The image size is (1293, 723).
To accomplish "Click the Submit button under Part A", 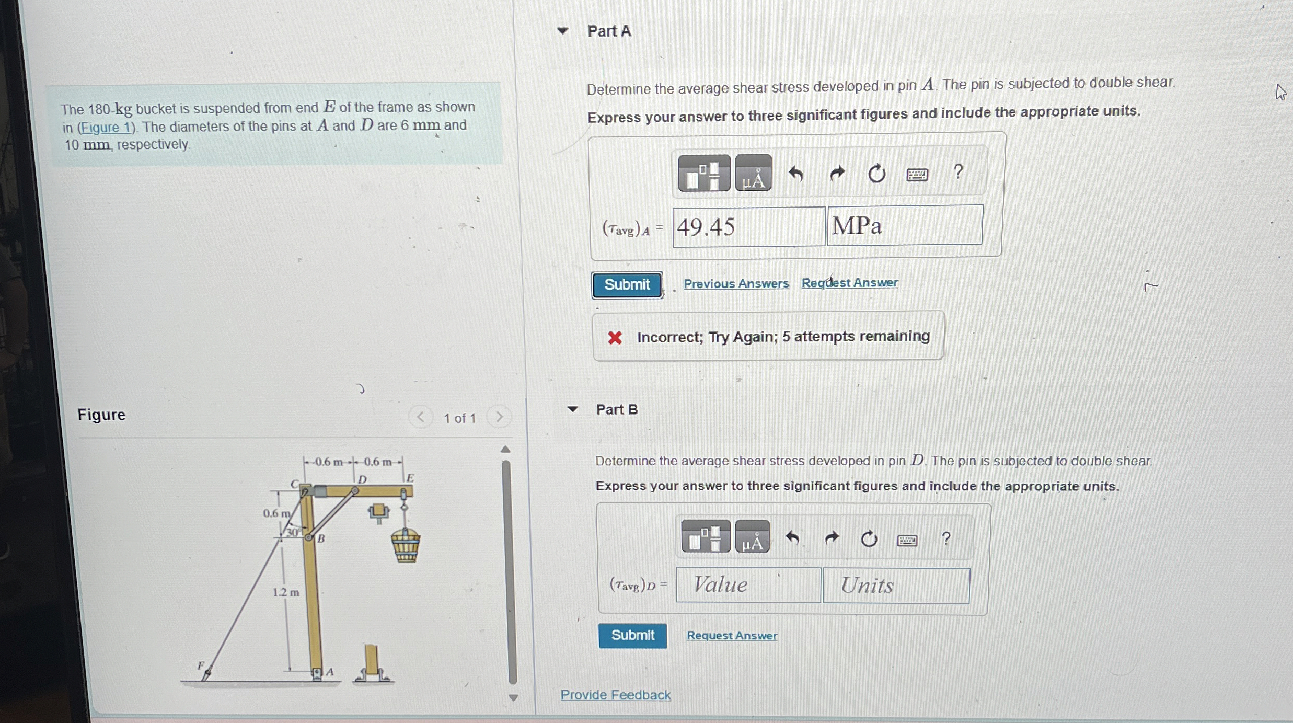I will [627, 285].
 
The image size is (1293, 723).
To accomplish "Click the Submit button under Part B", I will [632, 635].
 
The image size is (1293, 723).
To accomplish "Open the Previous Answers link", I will [736, 283].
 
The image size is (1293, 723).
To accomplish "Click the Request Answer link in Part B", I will [732, 636].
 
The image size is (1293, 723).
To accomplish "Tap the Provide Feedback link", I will [615, 695].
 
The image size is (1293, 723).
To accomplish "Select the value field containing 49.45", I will [748, 227].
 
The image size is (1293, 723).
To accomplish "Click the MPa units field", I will [904, 226].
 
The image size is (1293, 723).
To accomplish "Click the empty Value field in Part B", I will [748, 585].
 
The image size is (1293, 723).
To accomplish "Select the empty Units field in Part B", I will [896, 586].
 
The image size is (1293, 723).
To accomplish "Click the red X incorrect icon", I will [615, 338].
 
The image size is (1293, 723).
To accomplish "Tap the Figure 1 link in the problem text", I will [106, 128].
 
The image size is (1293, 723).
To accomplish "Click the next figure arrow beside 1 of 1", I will [499, 417].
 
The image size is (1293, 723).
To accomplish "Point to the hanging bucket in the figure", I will [406, 545].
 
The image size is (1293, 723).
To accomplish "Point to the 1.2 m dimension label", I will [286, 592].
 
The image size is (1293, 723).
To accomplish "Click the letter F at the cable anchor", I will [200, 665].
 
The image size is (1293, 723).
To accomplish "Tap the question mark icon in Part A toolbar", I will [958, 172].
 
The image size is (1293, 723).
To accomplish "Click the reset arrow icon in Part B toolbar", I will [869, 538].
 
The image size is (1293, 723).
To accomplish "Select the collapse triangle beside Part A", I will [562, 31].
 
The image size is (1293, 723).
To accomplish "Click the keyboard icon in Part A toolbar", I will [917, 174].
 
